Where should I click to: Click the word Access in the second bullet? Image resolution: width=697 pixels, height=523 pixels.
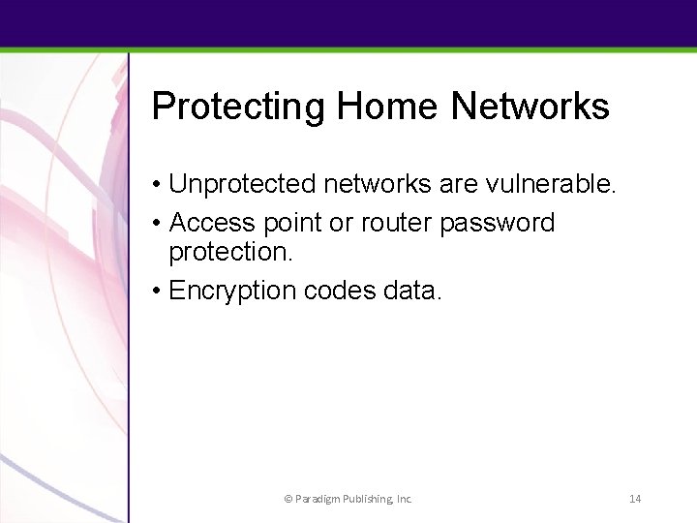(x=212, y=224)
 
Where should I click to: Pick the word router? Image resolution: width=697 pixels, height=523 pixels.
(x=398, y=224)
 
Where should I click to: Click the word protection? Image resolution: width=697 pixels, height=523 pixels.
(x=235, y=255)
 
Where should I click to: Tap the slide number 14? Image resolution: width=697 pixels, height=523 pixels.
(x=636, y=499)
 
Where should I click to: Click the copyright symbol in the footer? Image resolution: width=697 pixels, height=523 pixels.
(x=287, y=499)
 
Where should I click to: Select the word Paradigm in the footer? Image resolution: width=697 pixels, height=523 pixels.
(x=316, y=500)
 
